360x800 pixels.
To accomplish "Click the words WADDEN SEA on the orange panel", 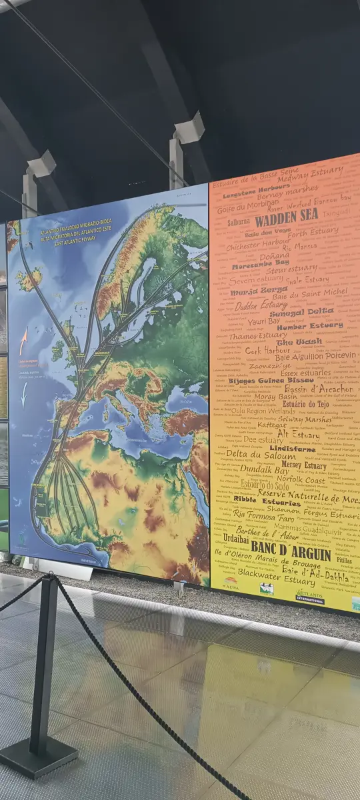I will [287, 217].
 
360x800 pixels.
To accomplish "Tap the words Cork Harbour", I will [267, 350].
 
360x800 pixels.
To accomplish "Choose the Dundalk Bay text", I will [265, 470].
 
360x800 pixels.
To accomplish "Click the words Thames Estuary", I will [253, 337].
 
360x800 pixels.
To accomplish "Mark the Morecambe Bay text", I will [260, 265].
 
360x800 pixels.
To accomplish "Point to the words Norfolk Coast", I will [301, 479].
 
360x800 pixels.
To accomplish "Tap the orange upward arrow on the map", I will [23, 342].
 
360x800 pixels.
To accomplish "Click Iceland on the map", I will [28, 279].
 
